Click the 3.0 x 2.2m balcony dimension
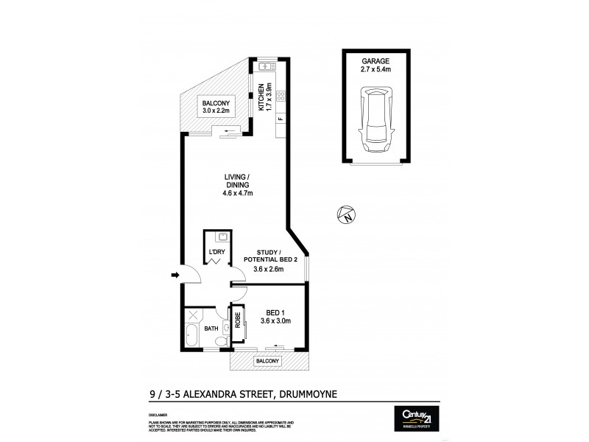(216, 111)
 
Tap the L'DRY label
(216, 253)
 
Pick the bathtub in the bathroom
(191, 336)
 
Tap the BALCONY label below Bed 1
(268, 361)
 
